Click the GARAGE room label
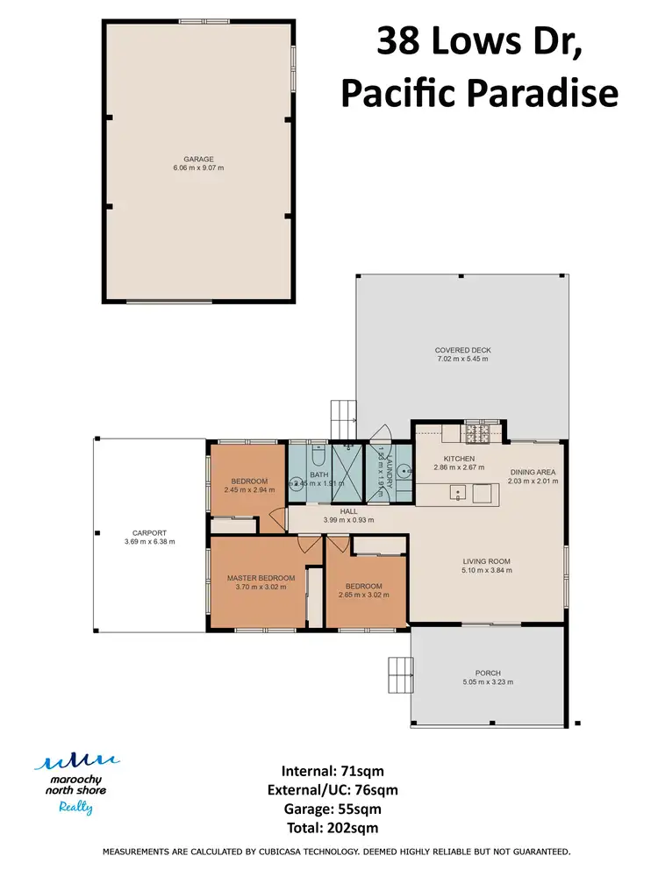coord(198,160)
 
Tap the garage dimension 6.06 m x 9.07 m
coord(198,168)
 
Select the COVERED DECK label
coord(462,350)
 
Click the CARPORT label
coord(150,533)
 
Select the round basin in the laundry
coord(403,471)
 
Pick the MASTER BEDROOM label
coord(261,579)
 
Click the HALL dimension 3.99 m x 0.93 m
coord(348,520)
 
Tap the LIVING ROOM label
coord(487,561)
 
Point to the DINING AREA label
coord(533,473)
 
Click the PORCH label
coord(487,674)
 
